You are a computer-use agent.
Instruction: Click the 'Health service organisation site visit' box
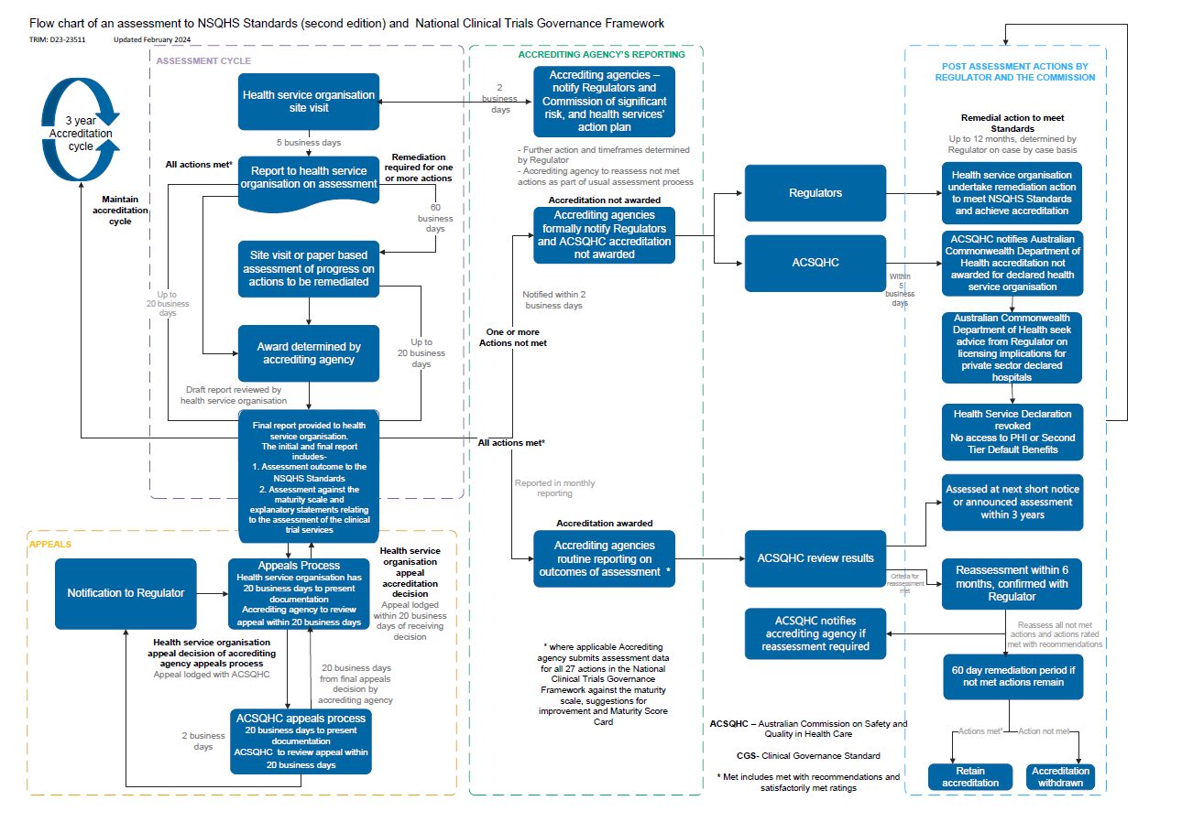[309, 102]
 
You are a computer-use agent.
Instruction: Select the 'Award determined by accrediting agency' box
[309, 353]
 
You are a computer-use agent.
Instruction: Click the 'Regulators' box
[815, 193]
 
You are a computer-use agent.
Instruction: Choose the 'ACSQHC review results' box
[815, 558]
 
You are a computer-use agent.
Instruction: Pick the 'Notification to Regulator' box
[126, 593]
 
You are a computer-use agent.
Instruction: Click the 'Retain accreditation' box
[970, 776]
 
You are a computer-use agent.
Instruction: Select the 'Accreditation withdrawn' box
[1060, 776]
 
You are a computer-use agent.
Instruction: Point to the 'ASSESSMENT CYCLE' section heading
[203, 61]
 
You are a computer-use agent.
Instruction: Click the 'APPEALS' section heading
[50, 544]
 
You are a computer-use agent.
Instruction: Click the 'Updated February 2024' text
[153, 40]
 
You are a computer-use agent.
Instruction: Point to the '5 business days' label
[309, 143]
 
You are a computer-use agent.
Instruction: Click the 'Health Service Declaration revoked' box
[1012, 431]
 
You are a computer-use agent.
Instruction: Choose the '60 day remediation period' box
[1012, 676]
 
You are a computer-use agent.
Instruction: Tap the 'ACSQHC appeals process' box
[301, 741]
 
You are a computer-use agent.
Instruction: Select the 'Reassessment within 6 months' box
[1012, 583]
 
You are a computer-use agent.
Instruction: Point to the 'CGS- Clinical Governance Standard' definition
[808, 756]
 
